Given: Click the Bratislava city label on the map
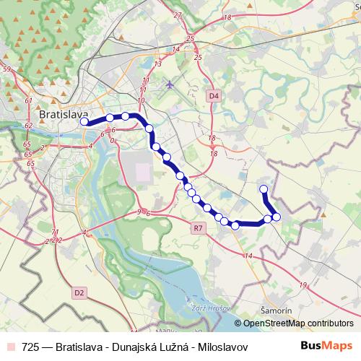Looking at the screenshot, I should (63, 115).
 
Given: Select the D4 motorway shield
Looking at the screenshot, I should (213, 95).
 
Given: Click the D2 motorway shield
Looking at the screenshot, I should (79, 292).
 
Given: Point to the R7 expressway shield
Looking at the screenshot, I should (199, 228).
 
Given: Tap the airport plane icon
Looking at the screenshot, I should (170, 84).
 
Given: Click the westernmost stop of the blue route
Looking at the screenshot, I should (84, 122).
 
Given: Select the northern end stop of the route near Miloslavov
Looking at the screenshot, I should (264, 189).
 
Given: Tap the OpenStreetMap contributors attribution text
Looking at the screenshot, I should (297, 323).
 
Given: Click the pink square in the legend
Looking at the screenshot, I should (11, 347).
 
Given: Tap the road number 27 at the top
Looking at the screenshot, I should (178, 14).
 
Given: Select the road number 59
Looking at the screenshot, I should (6, 69).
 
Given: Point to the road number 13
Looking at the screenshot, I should (157, 64).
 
